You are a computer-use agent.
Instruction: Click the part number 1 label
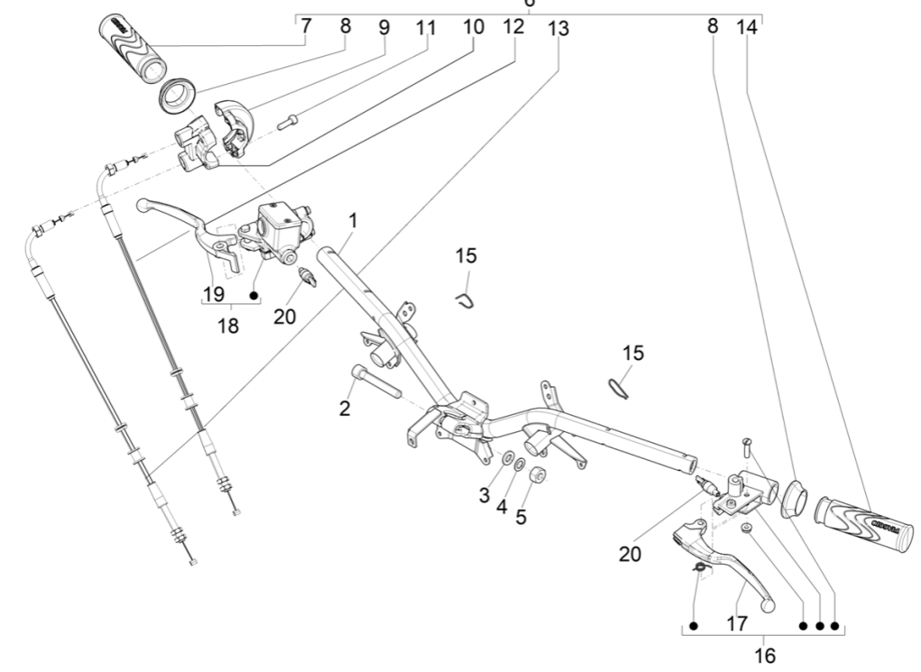(x=354, y=220)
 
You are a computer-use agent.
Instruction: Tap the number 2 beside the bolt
(x=344, y=409)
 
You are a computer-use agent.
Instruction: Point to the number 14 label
(x=746, y=27)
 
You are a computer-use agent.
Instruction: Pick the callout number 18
(x=229, y=326)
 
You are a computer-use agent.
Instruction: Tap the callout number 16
(x=764, y=655)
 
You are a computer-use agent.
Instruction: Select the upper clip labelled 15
(x=465, y=299)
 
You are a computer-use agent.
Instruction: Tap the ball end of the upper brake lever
(x=141, y=207)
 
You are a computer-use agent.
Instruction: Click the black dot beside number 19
(x=254, y=295)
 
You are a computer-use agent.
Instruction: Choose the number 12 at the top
(x=512, y=27)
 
